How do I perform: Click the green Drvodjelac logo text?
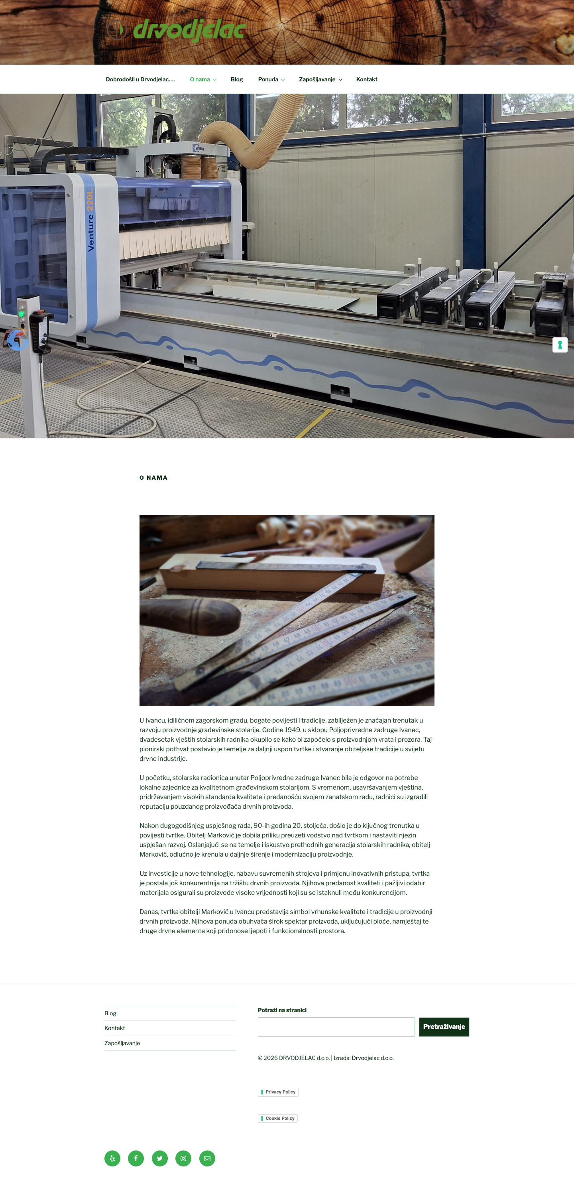pos(189,30)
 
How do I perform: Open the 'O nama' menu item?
pos(200,80)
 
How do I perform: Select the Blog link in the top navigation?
pos(237,80)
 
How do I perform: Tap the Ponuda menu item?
pos(268,80)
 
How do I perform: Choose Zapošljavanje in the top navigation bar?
pos(317,80)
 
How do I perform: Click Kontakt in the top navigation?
pos(366,80)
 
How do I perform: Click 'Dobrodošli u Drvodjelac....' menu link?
pos(140,80)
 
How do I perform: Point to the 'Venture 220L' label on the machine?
pos(90,219)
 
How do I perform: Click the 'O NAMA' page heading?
pos(153,477)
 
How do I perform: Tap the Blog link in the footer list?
pos(110,1013)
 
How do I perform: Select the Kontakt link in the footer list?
pos(114,1028)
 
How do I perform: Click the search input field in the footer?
pos(336,1027)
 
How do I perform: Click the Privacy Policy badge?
pos(278,1092)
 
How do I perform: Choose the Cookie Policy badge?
pos(277,1118)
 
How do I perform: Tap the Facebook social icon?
pos(136,1158)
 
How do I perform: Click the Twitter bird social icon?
pos(159,1158)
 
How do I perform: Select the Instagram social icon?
pos(183,1158)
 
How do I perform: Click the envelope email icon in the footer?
pos(207,1158)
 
